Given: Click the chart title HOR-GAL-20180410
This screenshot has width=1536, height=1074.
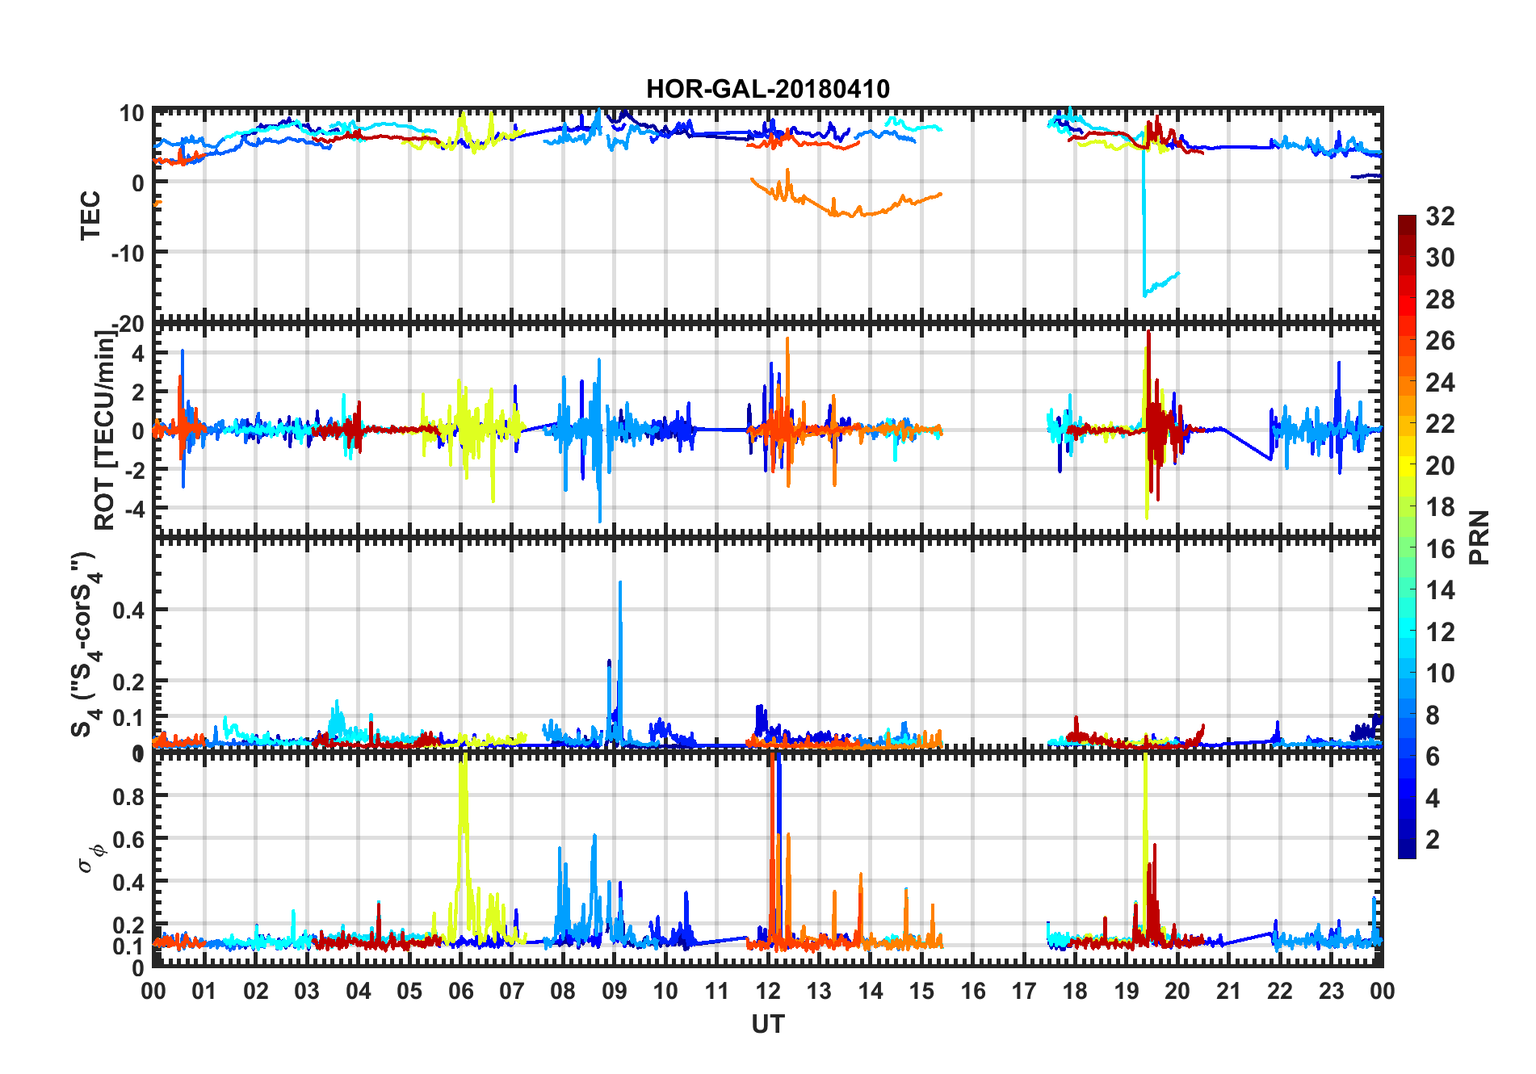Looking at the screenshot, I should (x=767, y=89).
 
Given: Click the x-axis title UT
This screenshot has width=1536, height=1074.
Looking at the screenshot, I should (x=767, y=1024).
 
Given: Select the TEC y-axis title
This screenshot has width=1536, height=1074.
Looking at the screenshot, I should (x=90, y=215).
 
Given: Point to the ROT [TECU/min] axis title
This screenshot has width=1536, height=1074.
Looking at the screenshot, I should (x=105, y=430).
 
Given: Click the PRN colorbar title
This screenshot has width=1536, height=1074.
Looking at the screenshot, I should (x=1479, y=537).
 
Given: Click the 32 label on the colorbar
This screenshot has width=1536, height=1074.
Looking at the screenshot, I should (x=1440, y=216).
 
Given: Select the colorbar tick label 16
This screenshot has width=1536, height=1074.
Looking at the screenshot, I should (x=1440, y=549).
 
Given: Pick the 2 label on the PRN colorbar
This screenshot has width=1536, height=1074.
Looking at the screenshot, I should (x=1433, y=840).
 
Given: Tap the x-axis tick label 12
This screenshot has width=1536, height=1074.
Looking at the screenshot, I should (x=767, y=991).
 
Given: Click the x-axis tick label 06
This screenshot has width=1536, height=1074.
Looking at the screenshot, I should (x=460, y=991).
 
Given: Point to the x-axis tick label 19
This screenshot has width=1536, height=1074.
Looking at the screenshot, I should (x=1126, y=991).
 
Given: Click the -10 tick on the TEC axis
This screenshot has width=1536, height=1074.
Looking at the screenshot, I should (x=128, y=253).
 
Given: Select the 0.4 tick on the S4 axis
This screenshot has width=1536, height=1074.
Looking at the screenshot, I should (x=129, y=610).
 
